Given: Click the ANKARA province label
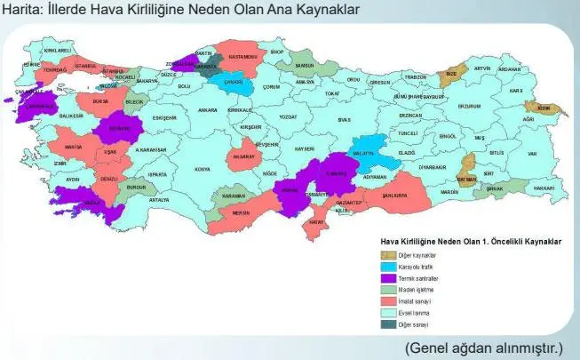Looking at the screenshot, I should click(x=207, y=110).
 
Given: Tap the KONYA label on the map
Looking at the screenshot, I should click(x=203, y=169).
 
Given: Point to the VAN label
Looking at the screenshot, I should click(x=532, y=153).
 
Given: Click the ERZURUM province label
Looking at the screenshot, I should click(x=468, y=107).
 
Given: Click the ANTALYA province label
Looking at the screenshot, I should click(x=158, y=201).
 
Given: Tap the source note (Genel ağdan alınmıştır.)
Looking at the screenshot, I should click(x=486, y=346).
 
